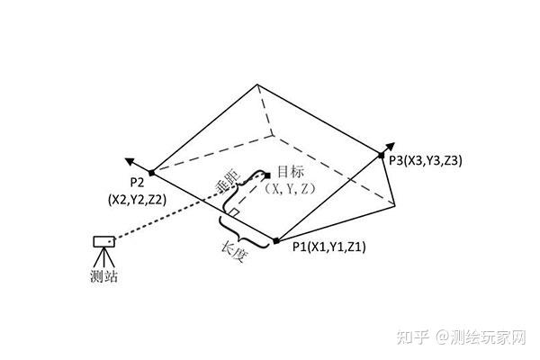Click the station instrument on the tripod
[104, 243]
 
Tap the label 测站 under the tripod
[104, 276]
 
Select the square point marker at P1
[275, 240]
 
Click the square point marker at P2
[151, 172]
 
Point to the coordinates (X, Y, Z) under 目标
[290, 188]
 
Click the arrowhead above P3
[391, 143]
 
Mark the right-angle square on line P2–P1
[233, 211]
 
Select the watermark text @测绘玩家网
[481, 337]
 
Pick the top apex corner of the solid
[258, 85]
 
